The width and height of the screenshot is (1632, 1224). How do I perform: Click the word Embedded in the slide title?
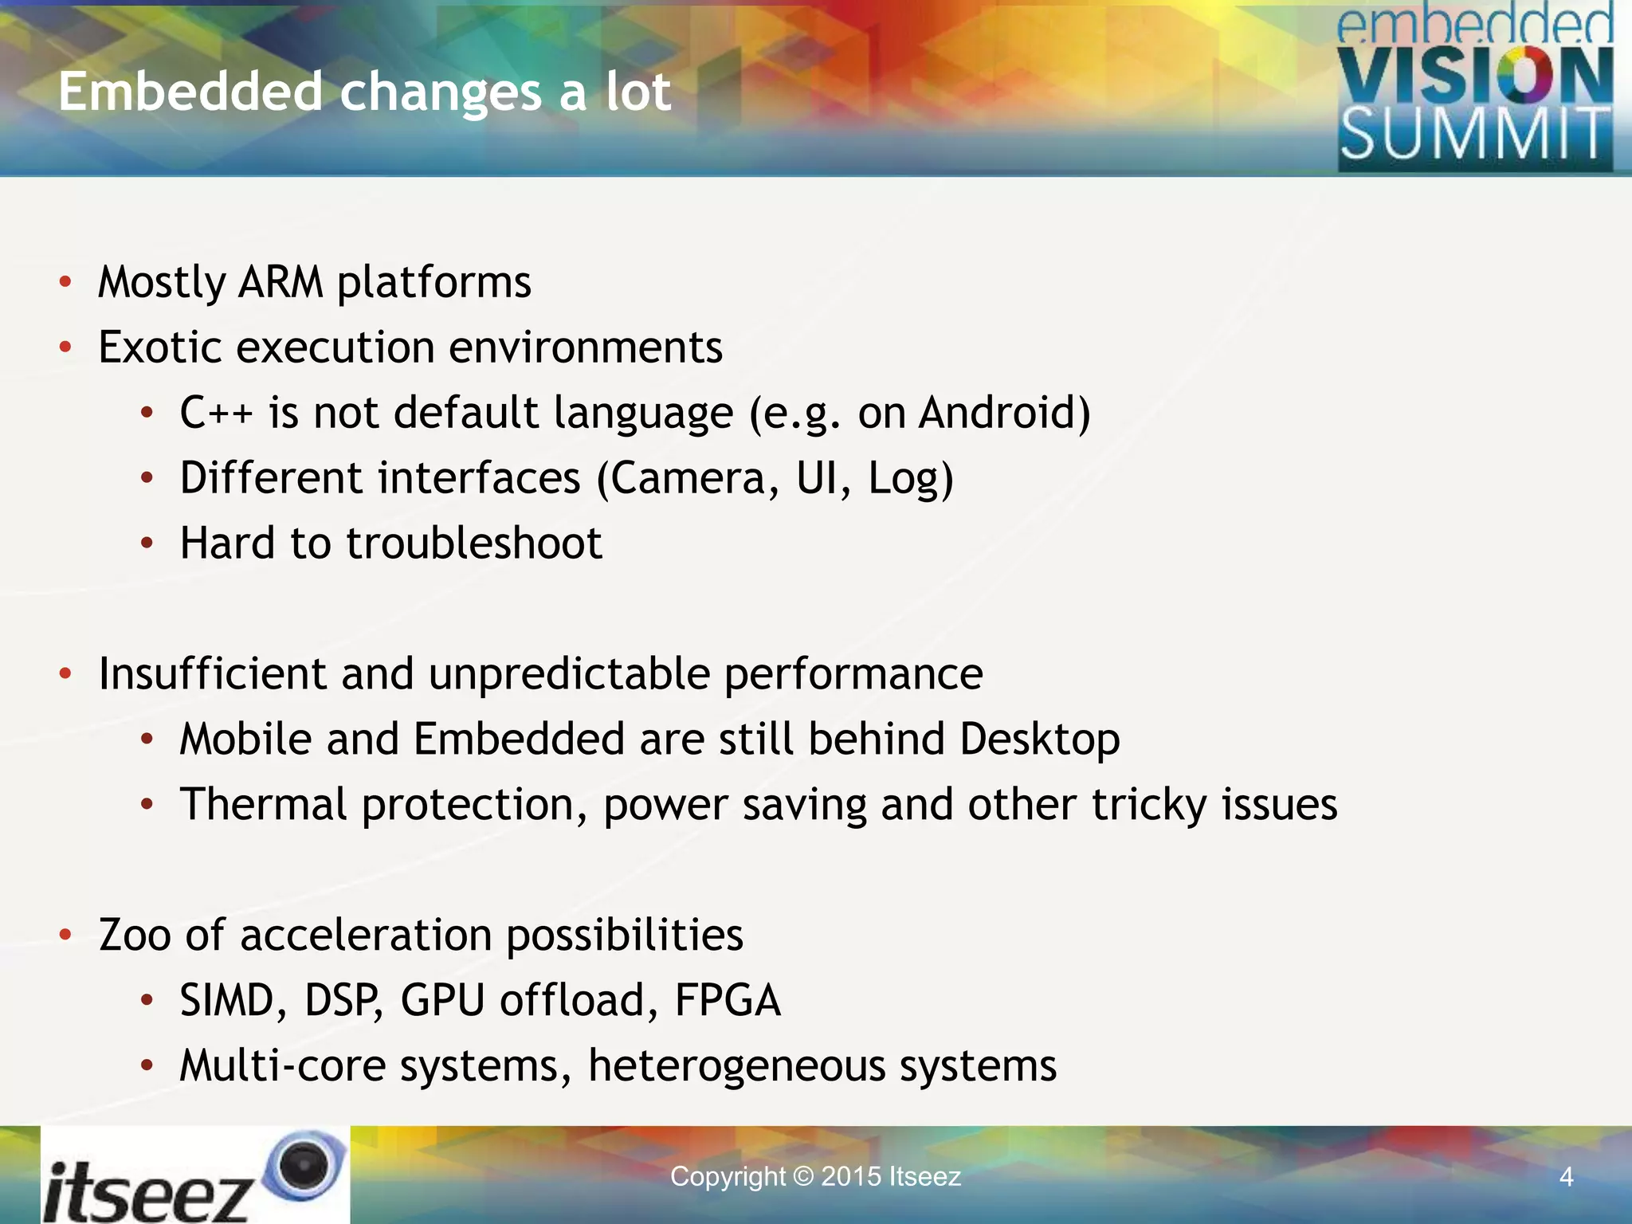(190, 92)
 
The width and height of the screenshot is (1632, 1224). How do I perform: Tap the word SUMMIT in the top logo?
(1474, 135)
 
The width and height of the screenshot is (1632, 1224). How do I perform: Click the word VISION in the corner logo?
(1474, 76)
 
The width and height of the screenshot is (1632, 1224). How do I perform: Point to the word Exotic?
(159, 347)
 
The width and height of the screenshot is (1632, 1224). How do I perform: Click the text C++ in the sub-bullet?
(216, 413)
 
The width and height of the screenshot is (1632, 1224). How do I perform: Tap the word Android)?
(1004, 413)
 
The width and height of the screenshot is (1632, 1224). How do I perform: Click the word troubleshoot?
(474, 543)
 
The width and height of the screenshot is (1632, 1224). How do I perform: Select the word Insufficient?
(212, 674)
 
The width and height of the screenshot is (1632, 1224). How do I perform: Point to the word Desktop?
(1039, 739)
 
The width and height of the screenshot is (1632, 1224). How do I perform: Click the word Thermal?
(263, 804)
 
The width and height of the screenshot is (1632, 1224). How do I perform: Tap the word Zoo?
(135, 935)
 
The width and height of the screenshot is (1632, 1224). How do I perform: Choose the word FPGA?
(727, 1000)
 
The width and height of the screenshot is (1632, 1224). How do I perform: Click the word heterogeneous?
(736, 1066)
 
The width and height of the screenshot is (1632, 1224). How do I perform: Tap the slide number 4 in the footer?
(1566, 1177)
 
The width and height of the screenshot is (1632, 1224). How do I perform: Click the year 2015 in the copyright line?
(851, 1177)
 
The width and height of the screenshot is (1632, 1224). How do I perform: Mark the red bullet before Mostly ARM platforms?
(65, 282)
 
